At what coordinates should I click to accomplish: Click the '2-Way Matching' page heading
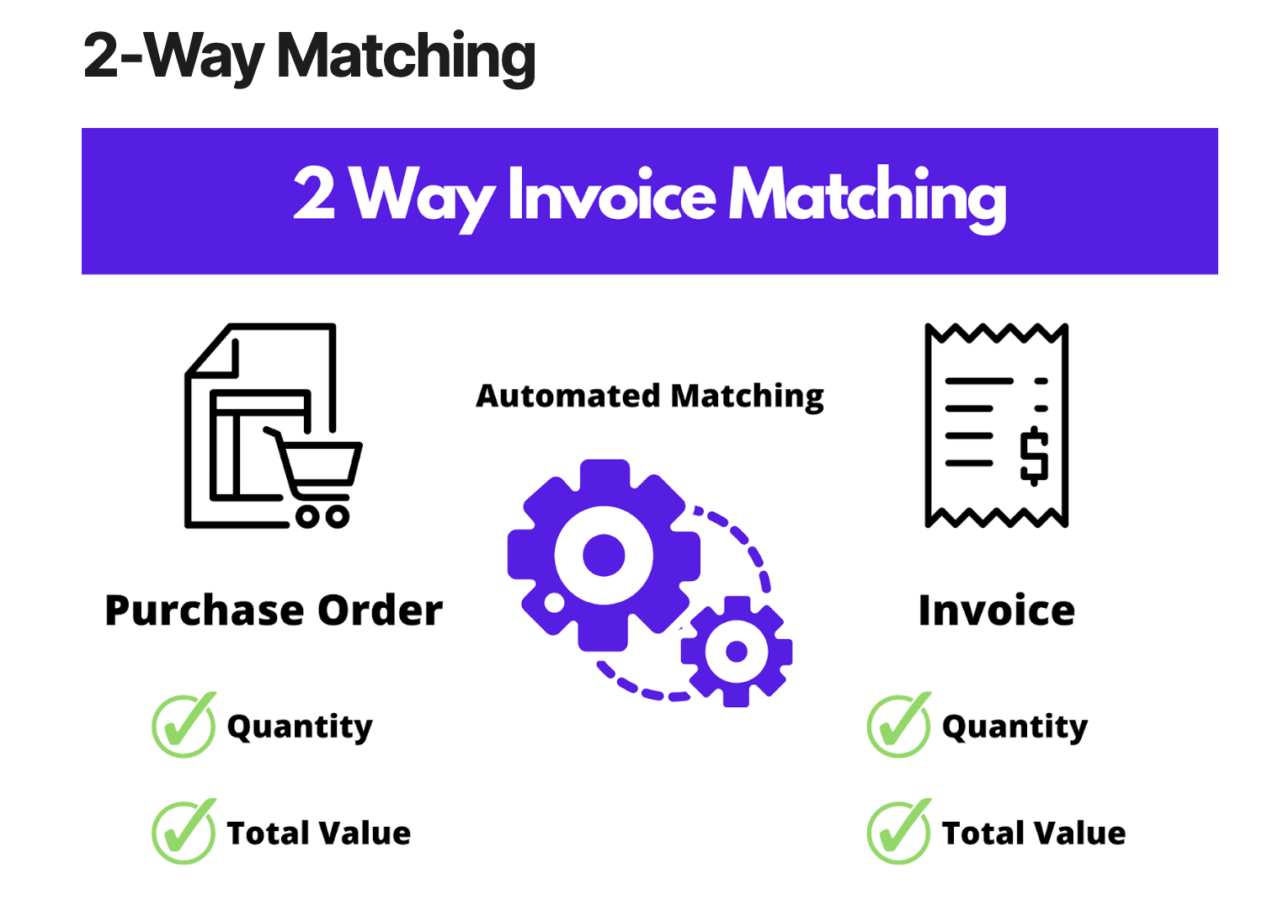coord(309,56)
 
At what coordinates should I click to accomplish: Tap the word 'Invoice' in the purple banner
coord(611,196)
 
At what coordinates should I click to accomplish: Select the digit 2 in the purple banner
coord(314,193)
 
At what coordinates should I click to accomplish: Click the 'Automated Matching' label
coord(649,396)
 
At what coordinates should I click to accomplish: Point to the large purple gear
coord(604,555)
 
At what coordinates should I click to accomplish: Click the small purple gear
coord(737,651)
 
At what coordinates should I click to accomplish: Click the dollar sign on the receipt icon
coord(1034,455)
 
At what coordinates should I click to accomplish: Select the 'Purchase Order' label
coord(274,610)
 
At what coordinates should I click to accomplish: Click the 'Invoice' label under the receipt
coord(996,610)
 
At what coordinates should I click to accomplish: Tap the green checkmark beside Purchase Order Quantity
coord(184,725)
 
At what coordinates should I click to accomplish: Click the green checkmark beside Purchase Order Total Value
coord(184,832)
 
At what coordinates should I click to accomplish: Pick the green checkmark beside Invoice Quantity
coord(898,725)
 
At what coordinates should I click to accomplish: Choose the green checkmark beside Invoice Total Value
coord(898,832)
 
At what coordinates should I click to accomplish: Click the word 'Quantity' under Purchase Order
coord(300,727)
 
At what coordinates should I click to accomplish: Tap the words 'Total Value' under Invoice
coord(1034,833)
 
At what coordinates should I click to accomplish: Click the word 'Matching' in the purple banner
coord(867,196)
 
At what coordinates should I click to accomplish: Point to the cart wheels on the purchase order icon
coord(322,515)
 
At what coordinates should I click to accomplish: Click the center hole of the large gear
coord(604,555)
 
